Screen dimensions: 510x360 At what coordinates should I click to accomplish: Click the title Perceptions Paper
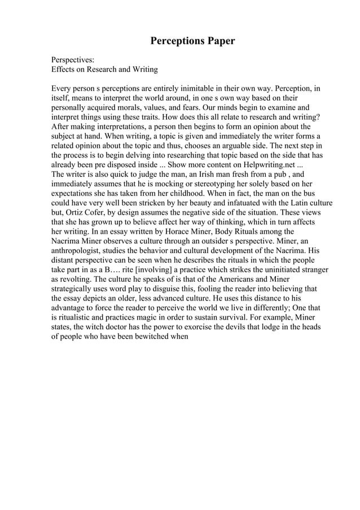point(192,41)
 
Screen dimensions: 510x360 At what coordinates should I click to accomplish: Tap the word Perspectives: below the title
point(73,59)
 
